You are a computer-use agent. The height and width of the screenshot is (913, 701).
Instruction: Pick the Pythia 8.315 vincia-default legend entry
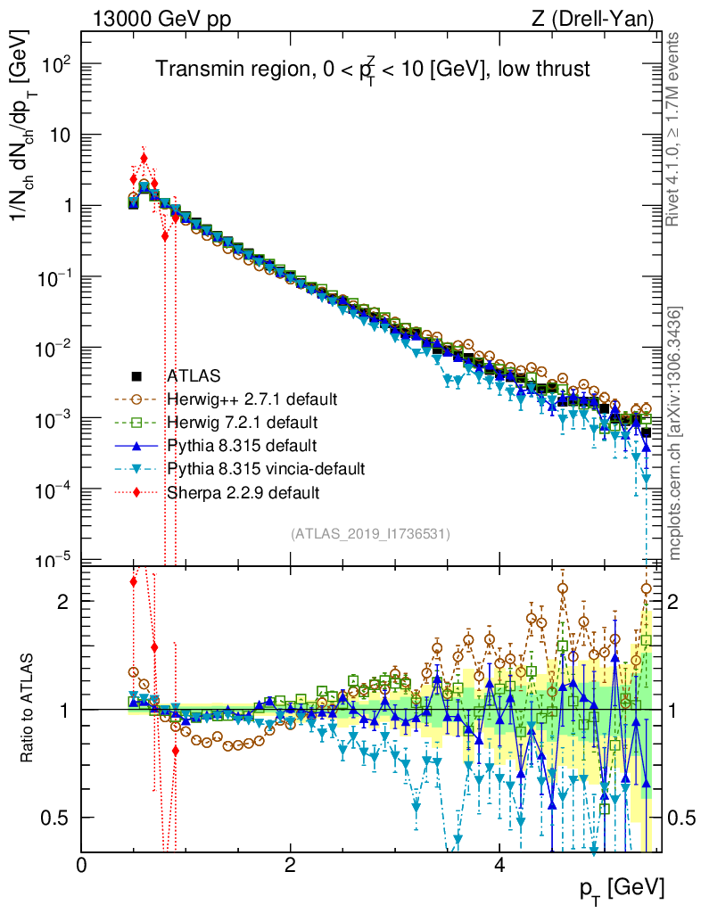click(x=266, y=468)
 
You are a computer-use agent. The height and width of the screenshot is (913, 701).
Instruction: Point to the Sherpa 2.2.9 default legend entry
click(x=243, y=491)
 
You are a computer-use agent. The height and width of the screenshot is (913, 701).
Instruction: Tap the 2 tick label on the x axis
click(x=290, y=866)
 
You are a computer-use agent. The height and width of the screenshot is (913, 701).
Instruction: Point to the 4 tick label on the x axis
click(x=499, y=866)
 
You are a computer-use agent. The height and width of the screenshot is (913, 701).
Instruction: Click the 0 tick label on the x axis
click(x=82, y=866)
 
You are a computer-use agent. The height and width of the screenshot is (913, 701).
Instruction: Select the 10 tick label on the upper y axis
click(x=59, y=136)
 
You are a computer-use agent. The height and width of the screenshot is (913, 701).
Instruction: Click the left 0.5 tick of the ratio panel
click(x=61, y=818)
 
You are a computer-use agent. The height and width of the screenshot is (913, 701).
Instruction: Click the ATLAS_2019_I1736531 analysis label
click(x=369, y=534)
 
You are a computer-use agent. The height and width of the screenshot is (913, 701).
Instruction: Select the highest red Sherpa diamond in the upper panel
click(x=144, y=159)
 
